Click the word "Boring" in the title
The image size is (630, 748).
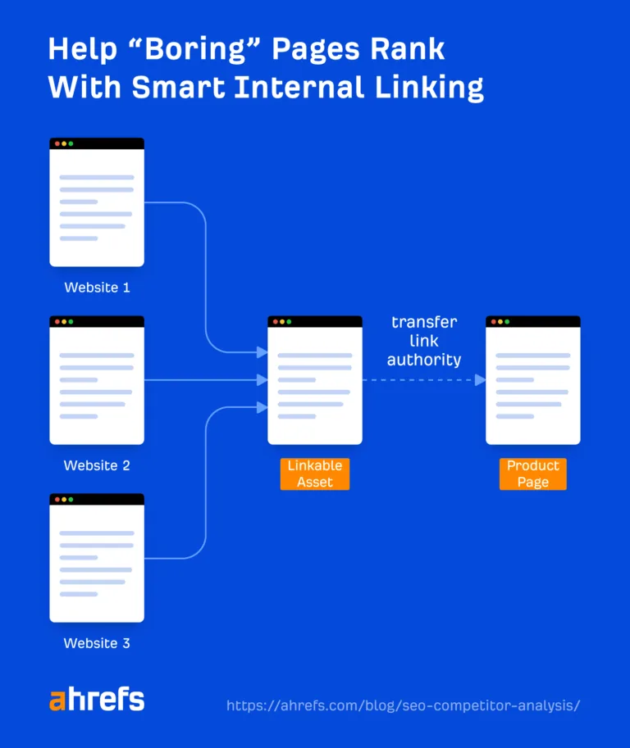(195, 50)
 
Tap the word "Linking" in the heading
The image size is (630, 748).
(429, 88)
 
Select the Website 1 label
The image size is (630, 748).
(97, 288)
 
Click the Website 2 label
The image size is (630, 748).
(97, 465)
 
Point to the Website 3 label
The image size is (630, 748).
(97, 643)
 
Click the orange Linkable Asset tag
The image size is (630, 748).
(315, 474)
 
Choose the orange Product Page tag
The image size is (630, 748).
(533, 474)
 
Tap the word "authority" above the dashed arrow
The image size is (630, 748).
(424, 360)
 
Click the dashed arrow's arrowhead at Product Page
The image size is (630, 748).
(481, 380)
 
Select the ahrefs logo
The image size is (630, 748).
(97, 700)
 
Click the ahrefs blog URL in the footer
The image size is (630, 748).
(403, 705)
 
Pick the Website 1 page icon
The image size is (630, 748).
(97, 202)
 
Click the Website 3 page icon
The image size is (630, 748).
(97, 558)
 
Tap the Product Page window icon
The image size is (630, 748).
(533, 380)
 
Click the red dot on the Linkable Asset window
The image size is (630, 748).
(276, 322)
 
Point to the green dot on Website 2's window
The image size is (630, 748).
(71, 322)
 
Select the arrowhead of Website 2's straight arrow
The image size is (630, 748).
(262, 380)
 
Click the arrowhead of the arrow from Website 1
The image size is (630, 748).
(262, 352)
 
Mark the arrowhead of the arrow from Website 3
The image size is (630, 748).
(262, 407)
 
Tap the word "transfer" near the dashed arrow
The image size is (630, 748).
(424, 322)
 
